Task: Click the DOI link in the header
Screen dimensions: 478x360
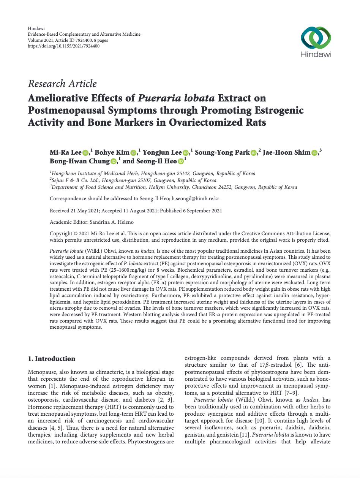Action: tap(64, 46)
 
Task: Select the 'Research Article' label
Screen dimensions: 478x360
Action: tap(62, 84)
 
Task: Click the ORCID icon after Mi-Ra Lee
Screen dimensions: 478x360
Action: tap(85, 153)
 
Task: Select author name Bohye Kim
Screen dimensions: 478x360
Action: tap(112, 152)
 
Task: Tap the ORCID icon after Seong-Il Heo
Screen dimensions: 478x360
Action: tap(181, 161)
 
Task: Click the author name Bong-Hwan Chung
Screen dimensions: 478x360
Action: tap(79, 161)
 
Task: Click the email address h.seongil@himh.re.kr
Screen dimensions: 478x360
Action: tap(196, 198)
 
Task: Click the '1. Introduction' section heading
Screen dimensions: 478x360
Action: tap(52, 359)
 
